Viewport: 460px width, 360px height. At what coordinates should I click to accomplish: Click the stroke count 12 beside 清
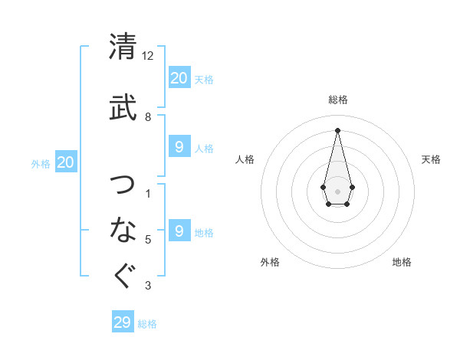click(148, 56)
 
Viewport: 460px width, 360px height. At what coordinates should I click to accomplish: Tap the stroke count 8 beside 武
click(148, 117)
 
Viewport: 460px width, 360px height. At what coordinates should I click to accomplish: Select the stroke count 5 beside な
click(148, 240)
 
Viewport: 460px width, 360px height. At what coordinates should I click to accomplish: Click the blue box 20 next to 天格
click(179, 77)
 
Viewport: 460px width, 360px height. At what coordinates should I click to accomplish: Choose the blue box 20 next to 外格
click(65, 162)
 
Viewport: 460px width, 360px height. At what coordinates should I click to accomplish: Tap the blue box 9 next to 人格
click(179, 146)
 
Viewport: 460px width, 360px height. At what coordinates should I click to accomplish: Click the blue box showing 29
click(122, 322)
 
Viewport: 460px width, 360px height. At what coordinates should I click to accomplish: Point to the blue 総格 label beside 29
click(147, 324)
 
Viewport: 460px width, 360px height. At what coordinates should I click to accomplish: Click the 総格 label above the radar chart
click(337, 100)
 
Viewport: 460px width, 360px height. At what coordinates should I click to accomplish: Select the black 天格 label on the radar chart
click(432, 159)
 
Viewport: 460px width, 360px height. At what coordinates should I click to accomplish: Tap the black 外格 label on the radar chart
click(270, 262)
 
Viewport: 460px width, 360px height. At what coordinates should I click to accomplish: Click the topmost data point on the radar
click(337, 129)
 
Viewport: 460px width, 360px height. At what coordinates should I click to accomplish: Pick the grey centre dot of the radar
click(337, 191)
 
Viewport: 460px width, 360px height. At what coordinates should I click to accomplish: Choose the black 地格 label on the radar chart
click(402, 262)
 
